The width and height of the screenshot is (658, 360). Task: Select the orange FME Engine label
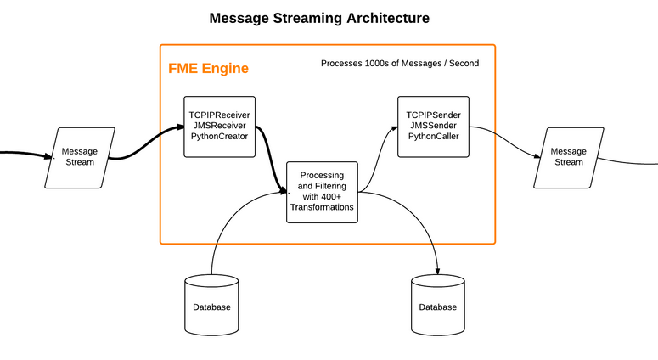[209, 69]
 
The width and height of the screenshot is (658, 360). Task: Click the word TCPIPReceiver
[220, 115]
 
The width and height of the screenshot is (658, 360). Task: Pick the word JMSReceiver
[220, 127]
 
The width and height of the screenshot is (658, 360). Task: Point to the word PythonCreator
[220, 138]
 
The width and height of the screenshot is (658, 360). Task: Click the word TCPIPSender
[433, 115]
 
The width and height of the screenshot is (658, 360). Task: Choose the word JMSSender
[433, 127]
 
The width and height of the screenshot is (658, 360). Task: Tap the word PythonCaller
[433, 138]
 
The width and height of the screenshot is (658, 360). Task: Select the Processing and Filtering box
[322, 191]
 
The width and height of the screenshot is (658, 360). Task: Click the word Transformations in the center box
[322, 206]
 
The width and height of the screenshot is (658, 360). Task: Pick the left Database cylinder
[211, 306]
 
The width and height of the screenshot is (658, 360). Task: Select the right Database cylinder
[437, 306]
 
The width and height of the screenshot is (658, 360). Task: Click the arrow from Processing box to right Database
[420, 221]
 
